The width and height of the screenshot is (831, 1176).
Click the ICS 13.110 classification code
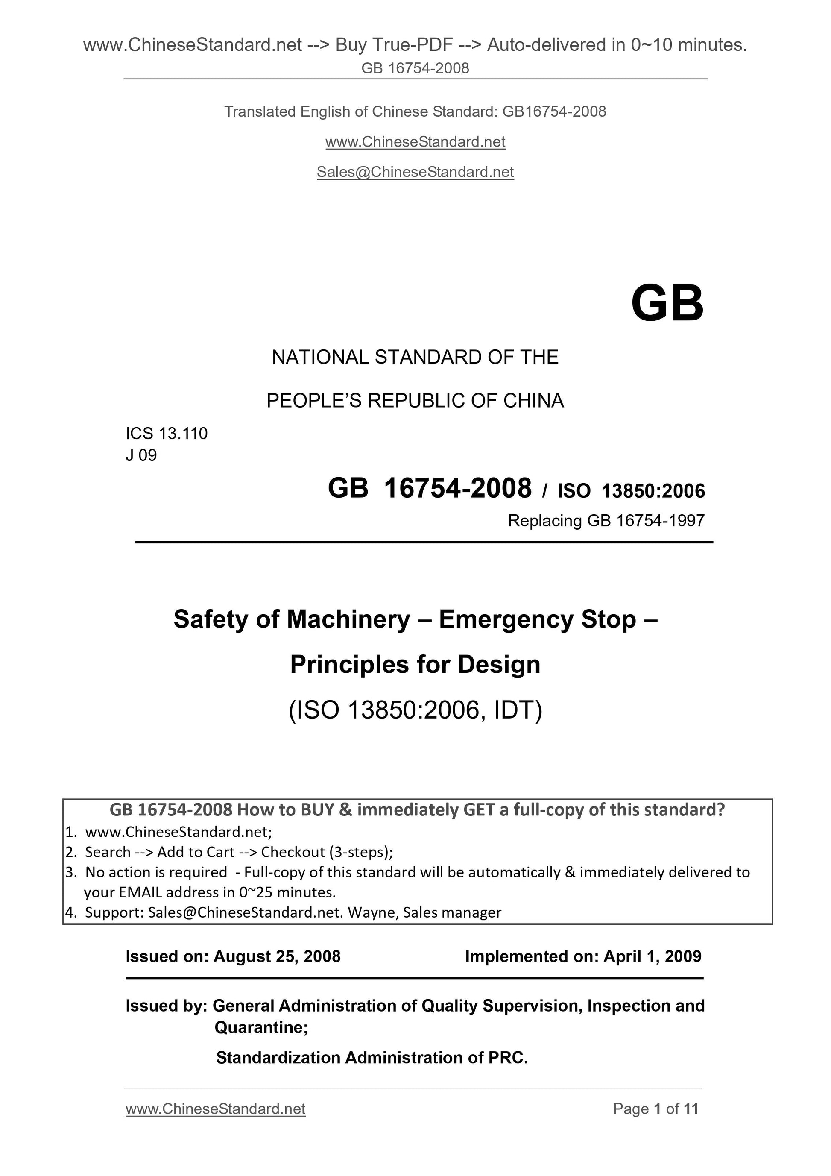click(x=167, y=433)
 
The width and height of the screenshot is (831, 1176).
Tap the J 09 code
click(x=141, y=455)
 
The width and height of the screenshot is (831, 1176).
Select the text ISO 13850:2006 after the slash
click(x=631, y=491)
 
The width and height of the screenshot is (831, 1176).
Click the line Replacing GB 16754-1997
click(x=606, y=520)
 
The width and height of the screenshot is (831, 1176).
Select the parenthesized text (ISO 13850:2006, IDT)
click(x=415, y=710)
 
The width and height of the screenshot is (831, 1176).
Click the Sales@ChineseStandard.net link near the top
click(x=415, y=172)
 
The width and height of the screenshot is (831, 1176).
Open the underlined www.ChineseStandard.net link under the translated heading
click(x=415, y=142)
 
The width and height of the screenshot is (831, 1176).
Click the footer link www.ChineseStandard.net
click(x=216, y=1109)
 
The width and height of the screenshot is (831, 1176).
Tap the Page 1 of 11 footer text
click(x=655, y=1109)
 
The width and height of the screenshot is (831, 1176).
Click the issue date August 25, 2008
click(x=276, y=956)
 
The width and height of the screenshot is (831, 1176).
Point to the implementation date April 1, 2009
click(x=652, y=956)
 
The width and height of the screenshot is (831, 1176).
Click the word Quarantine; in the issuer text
click(x=260, y=1027)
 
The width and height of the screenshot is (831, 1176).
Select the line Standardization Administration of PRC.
click(x=372, y=1057)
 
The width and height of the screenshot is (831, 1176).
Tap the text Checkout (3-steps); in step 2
click(x=327, y=852)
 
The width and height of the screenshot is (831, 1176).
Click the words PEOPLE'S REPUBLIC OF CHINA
click(x=415, y=401)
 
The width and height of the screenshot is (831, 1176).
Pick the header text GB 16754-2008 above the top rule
click(x=415, y=68)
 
